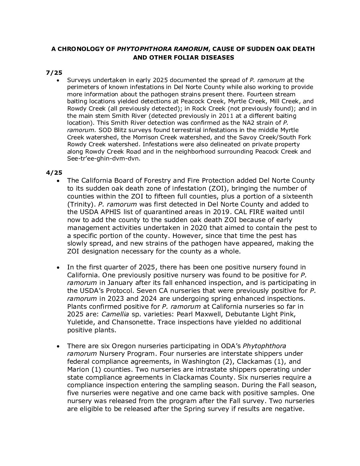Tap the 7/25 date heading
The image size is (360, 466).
[x=52, y=72]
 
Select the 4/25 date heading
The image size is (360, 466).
[x=52, y=172]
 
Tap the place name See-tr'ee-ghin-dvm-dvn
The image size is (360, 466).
[x=104, y=159]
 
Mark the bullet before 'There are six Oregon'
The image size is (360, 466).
[x=59, y=346]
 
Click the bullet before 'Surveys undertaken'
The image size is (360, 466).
[x=59, y=80]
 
